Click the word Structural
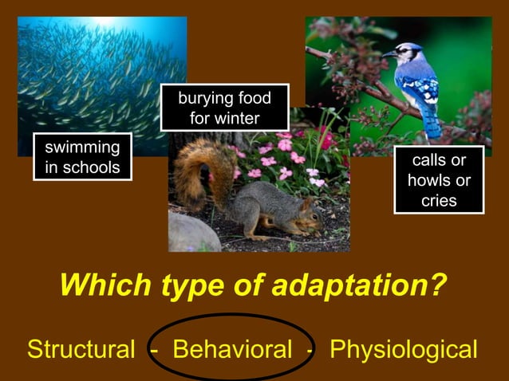(81, 349)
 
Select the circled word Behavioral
(232, 349)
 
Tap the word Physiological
(403, 349)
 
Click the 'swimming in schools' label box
(82, 157)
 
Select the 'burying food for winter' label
(224, 108)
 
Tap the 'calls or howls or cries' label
(439, 180)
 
